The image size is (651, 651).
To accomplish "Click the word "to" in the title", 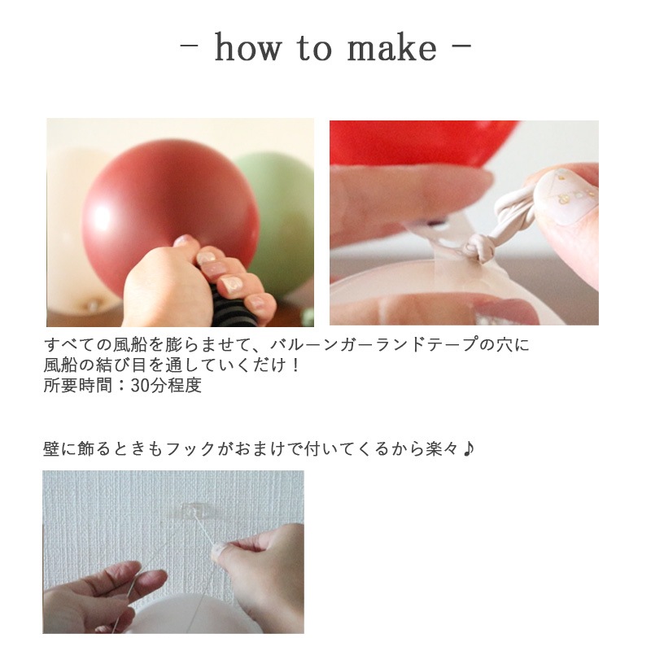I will click(x=320, y=49).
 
